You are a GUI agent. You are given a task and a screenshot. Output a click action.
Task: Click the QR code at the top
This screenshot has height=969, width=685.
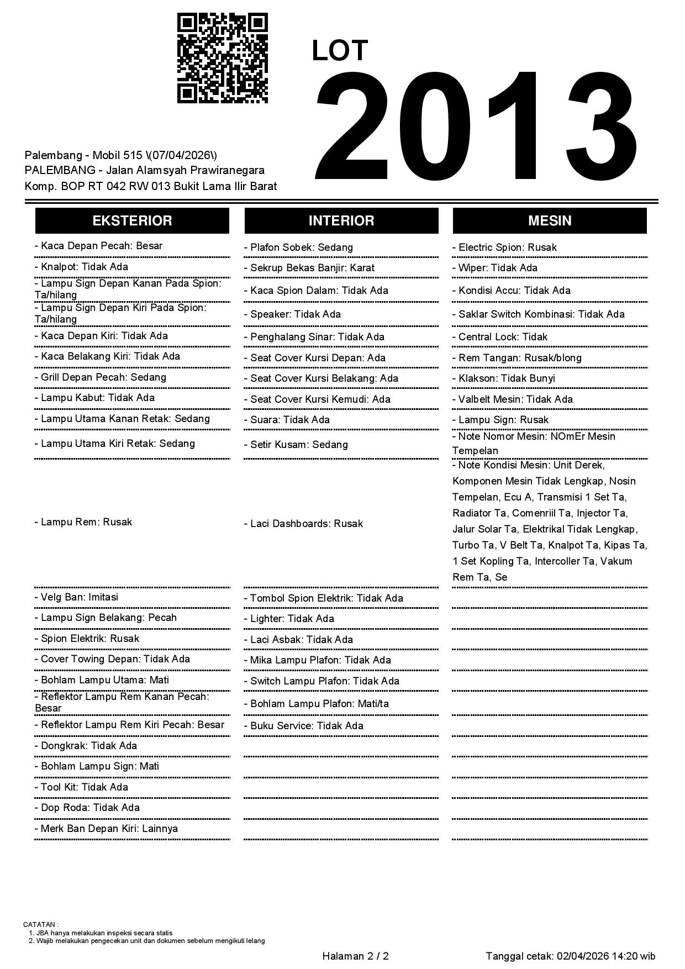point(222,58)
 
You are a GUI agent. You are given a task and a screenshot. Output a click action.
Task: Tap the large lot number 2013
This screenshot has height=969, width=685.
point(476,127)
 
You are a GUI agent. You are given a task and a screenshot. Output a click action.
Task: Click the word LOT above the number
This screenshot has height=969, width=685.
point(340,51)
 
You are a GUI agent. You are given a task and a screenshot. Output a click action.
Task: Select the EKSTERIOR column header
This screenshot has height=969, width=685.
point(132,220)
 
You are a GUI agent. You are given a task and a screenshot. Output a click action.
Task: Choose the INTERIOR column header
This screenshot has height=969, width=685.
point(341,220)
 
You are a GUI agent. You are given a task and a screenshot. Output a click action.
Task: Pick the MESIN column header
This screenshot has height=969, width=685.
point(550,220)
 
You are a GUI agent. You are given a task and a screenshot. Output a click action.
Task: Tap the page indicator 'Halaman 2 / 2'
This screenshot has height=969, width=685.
point(355,956)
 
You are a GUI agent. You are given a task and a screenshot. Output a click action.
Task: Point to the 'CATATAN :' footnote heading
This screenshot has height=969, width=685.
point(41,924)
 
